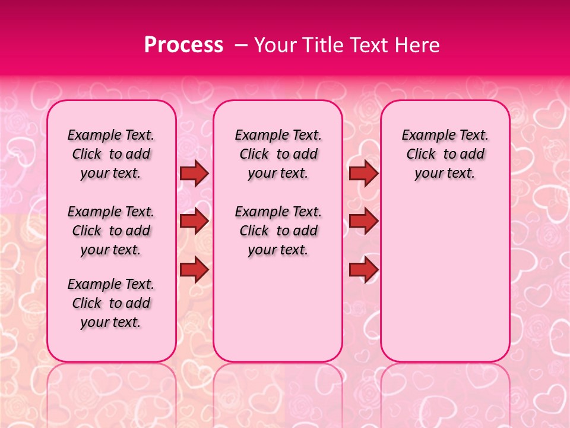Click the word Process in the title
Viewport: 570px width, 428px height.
[x=183, y=45]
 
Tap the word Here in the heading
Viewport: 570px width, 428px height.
[x=417, y=45]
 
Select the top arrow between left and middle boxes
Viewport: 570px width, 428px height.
[x=194, y=174]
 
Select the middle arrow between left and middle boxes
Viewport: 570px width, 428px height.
[x=194, y=222]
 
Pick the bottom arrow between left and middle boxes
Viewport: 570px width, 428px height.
[x=194, y=270]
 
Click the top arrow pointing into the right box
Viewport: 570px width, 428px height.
[x=363, y=174]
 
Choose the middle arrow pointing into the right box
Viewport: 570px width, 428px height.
[x=363, y=222]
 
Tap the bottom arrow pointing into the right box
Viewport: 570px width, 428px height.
[x=363, y=270]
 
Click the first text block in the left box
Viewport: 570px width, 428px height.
[x=111, y=154]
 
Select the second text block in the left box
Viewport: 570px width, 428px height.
[x=111, y=231]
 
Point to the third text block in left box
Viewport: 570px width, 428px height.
[x=111, y=303]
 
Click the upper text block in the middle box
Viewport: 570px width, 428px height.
[x=278, y=154]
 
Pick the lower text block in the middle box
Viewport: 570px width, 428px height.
[x=278, y=231]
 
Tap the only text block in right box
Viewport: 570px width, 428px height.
[x=445, y=154]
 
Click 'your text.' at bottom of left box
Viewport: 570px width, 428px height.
[x=111, y=322]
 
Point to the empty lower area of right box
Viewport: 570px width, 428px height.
[x=445, y=279]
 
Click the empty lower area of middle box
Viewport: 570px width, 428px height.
[x=278, y=309]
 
